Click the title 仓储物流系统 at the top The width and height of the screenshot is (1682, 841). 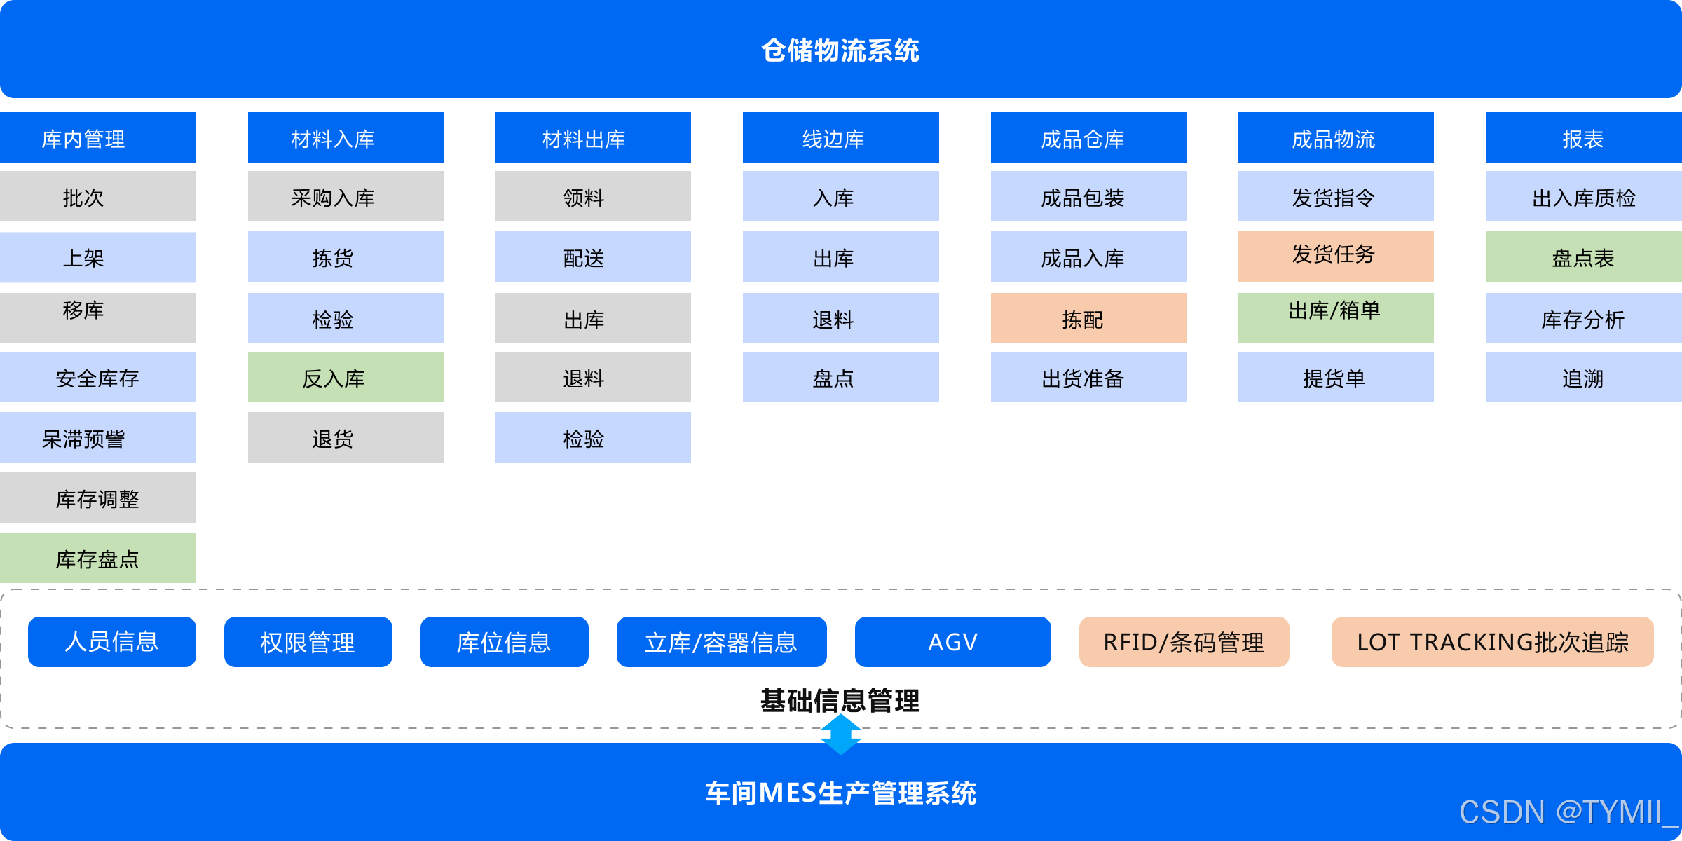[x=840, y=50]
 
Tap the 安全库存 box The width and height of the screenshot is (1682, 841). [x=98, y=378]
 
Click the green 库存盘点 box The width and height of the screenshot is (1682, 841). [x=98, y=559]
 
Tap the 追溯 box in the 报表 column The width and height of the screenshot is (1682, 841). [x=1584, y=378]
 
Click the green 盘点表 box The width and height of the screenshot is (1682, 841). [x=1584, y=257]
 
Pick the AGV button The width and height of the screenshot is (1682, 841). [x=953, y=642]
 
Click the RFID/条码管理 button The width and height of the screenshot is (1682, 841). [x=1184, y=642]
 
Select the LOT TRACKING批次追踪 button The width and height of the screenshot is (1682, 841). [x=1493, y=642]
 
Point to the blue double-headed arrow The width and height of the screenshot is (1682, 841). [x=841, y=734]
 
